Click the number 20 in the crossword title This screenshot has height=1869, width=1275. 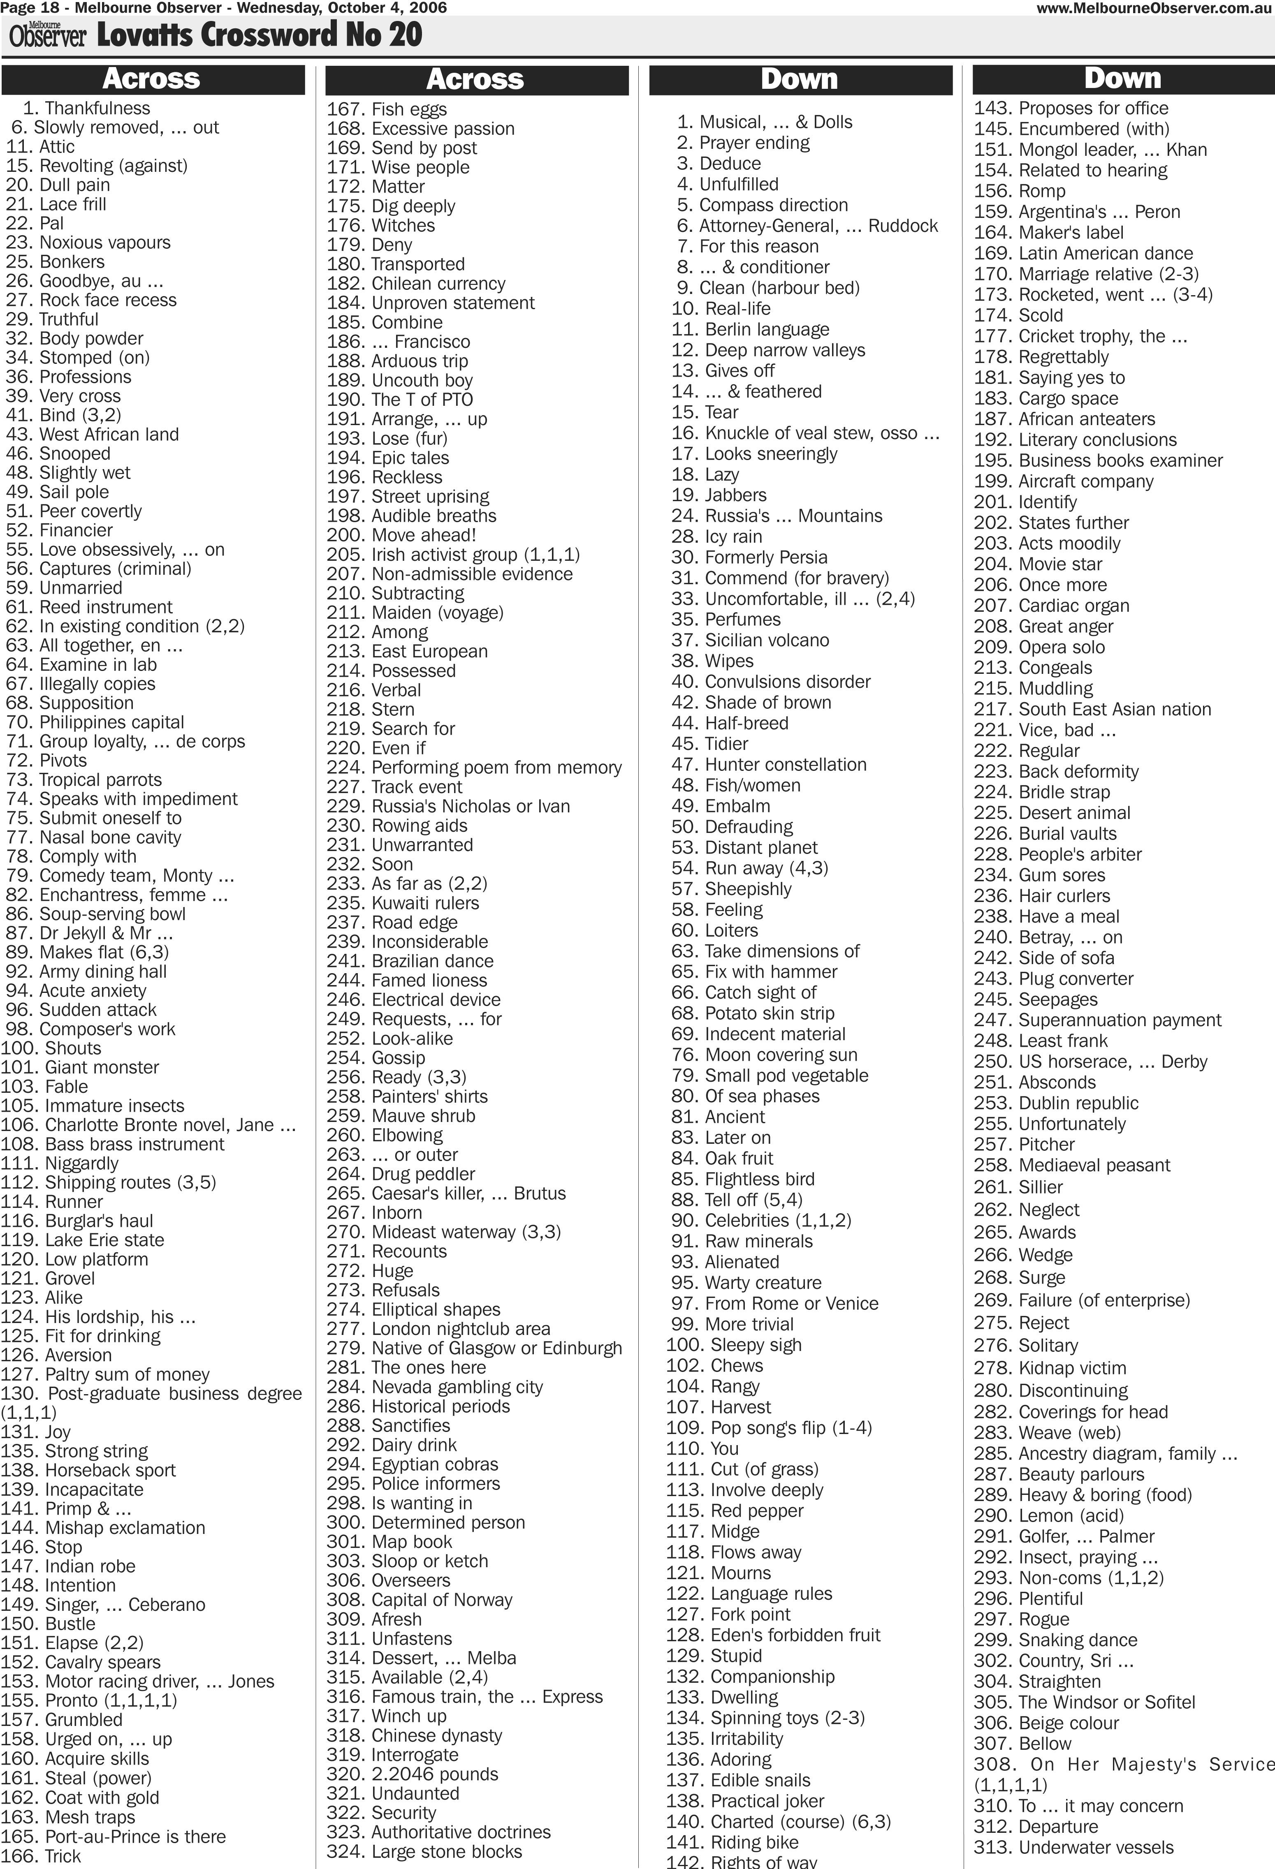[x=402, y=35]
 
